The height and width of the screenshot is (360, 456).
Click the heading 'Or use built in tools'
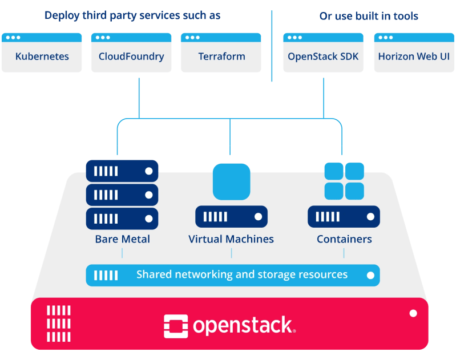point(369,16)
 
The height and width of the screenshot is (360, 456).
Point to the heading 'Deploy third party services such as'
point(132,15)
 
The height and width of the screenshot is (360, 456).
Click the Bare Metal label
point(122,239)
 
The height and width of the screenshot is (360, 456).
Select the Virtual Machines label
point(231,239)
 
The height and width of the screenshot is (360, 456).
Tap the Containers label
point(344,239)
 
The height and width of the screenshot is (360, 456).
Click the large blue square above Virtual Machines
point(231,181)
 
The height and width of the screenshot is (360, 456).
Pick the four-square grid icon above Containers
point(344,181)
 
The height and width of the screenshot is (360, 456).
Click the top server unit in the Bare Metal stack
point(122,171)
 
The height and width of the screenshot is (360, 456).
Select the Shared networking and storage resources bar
point(232,275)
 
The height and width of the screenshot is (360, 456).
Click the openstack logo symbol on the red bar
point(175,326)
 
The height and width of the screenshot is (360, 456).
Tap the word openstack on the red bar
point(244,326)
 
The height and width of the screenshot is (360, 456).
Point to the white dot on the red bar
point(413,313)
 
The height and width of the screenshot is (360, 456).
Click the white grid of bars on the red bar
point(58,323)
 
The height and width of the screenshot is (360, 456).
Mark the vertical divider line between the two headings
point(272,46)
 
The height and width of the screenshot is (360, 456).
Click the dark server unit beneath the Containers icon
point(344,217)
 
